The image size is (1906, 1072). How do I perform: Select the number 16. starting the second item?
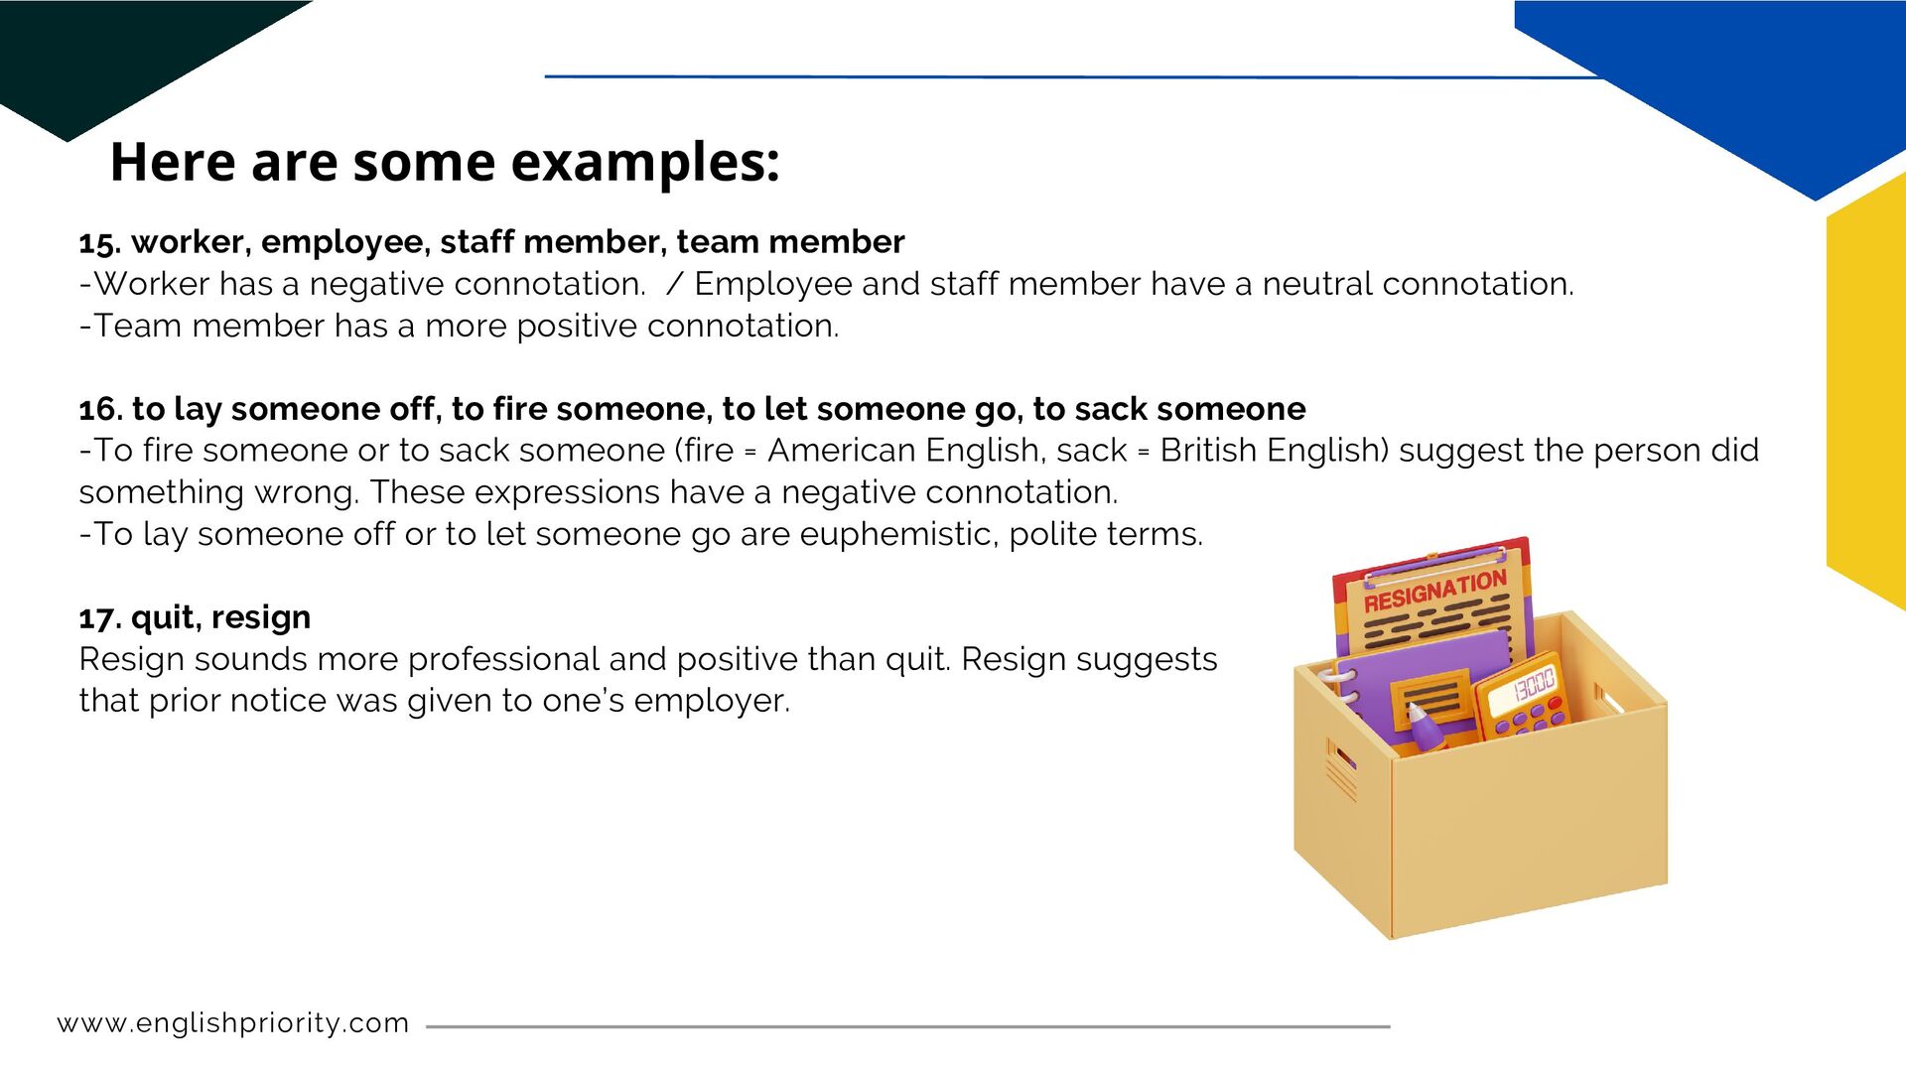pyautogui.click(x=100, y=409)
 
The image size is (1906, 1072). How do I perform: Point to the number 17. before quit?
pyautogui.click(x=99, y=617)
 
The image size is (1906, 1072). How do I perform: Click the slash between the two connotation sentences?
pyautogui.click(x=675, y=284)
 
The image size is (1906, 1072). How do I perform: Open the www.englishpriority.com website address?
pyautogui.click(x=233, y=1023)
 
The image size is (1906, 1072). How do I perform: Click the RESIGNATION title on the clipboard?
pyautogui.click(x=1434, y=591)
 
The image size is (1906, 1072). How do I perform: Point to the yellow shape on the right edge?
pyautogui.click(x=1868, y=397)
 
